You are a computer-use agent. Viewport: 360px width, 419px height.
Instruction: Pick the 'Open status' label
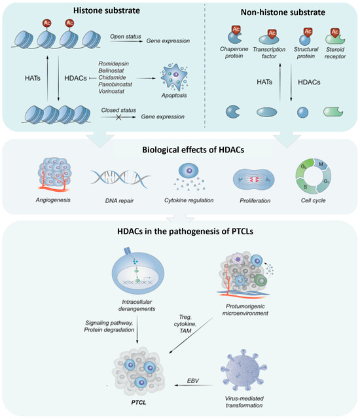[126, 38]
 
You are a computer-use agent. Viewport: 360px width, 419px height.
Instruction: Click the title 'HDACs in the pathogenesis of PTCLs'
[180, 233]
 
